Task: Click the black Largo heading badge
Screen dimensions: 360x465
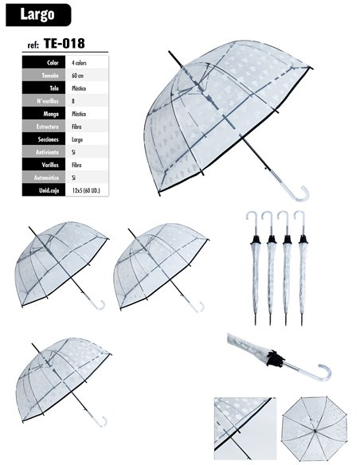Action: point(38,15)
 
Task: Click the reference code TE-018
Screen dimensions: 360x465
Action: point(65,44)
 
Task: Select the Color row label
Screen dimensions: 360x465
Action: point(53,63)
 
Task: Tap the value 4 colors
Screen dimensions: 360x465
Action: point(79,63)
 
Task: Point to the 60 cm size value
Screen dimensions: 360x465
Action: point(78,76)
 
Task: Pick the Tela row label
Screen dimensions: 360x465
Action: point(54,88)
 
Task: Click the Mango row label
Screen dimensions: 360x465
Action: point(51,114)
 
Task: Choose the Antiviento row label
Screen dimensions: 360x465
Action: point(48,152)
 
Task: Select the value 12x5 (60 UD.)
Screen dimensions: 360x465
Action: point(86,190)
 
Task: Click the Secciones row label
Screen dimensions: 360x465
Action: point(49,139)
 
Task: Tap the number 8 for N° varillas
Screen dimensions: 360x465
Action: point(73,101)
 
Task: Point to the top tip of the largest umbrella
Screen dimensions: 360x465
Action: point(169,51)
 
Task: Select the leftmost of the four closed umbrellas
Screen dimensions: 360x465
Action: point(255,268)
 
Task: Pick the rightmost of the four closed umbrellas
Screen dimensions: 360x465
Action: point(302,268)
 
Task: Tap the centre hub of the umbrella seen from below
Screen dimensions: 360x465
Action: point(315,430)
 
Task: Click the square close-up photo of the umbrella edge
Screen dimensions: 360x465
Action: point(245,428)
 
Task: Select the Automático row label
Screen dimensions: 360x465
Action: point(46,178)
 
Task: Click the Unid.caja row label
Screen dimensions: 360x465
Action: point(49,190)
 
